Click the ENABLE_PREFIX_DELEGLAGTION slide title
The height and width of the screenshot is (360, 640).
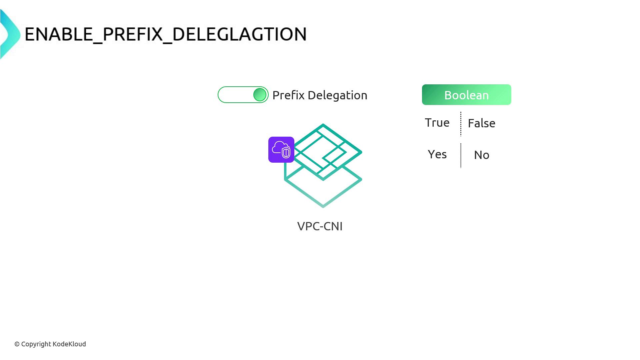pyautogui.click(x=166, y=34)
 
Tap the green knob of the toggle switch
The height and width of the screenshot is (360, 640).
pyautogui.click(x=260, y=95)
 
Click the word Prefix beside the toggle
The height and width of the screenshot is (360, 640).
pyautogui.click(x=288, y=95)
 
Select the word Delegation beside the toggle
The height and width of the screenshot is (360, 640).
pyautogui.click(x=337, y=95)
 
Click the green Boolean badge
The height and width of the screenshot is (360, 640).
pyautogui.click(x=466, y=95)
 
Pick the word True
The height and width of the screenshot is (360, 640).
pyautogui.click(x=437, y=123)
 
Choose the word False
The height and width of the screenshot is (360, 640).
pyautogui.click(x=481, y=123)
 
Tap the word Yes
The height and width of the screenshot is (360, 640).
pyautogui.click(x=437, y=154)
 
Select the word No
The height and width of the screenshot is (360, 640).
pyautogui.click(x=481, y=155)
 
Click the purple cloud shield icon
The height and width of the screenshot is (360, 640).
pyautogui.click(x=281, y=150)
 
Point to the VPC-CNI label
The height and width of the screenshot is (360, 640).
pyautogui.click(x=320, y=226)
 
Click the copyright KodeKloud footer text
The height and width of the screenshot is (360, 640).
pyautogui.click(x=50, y=344)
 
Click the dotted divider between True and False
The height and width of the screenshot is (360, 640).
pyautogui.click(x=461, y=124)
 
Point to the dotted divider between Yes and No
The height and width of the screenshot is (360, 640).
pyautogui.click(x=461, y=156)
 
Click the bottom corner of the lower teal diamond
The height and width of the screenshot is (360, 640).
pyautogui.click(x=323, y=206)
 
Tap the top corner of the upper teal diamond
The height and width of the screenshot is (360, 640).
pyautogui.click(x=323, y=125)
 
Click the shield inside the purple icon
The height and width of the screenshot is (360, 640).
pyautogui.click(x=286, y=153)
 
